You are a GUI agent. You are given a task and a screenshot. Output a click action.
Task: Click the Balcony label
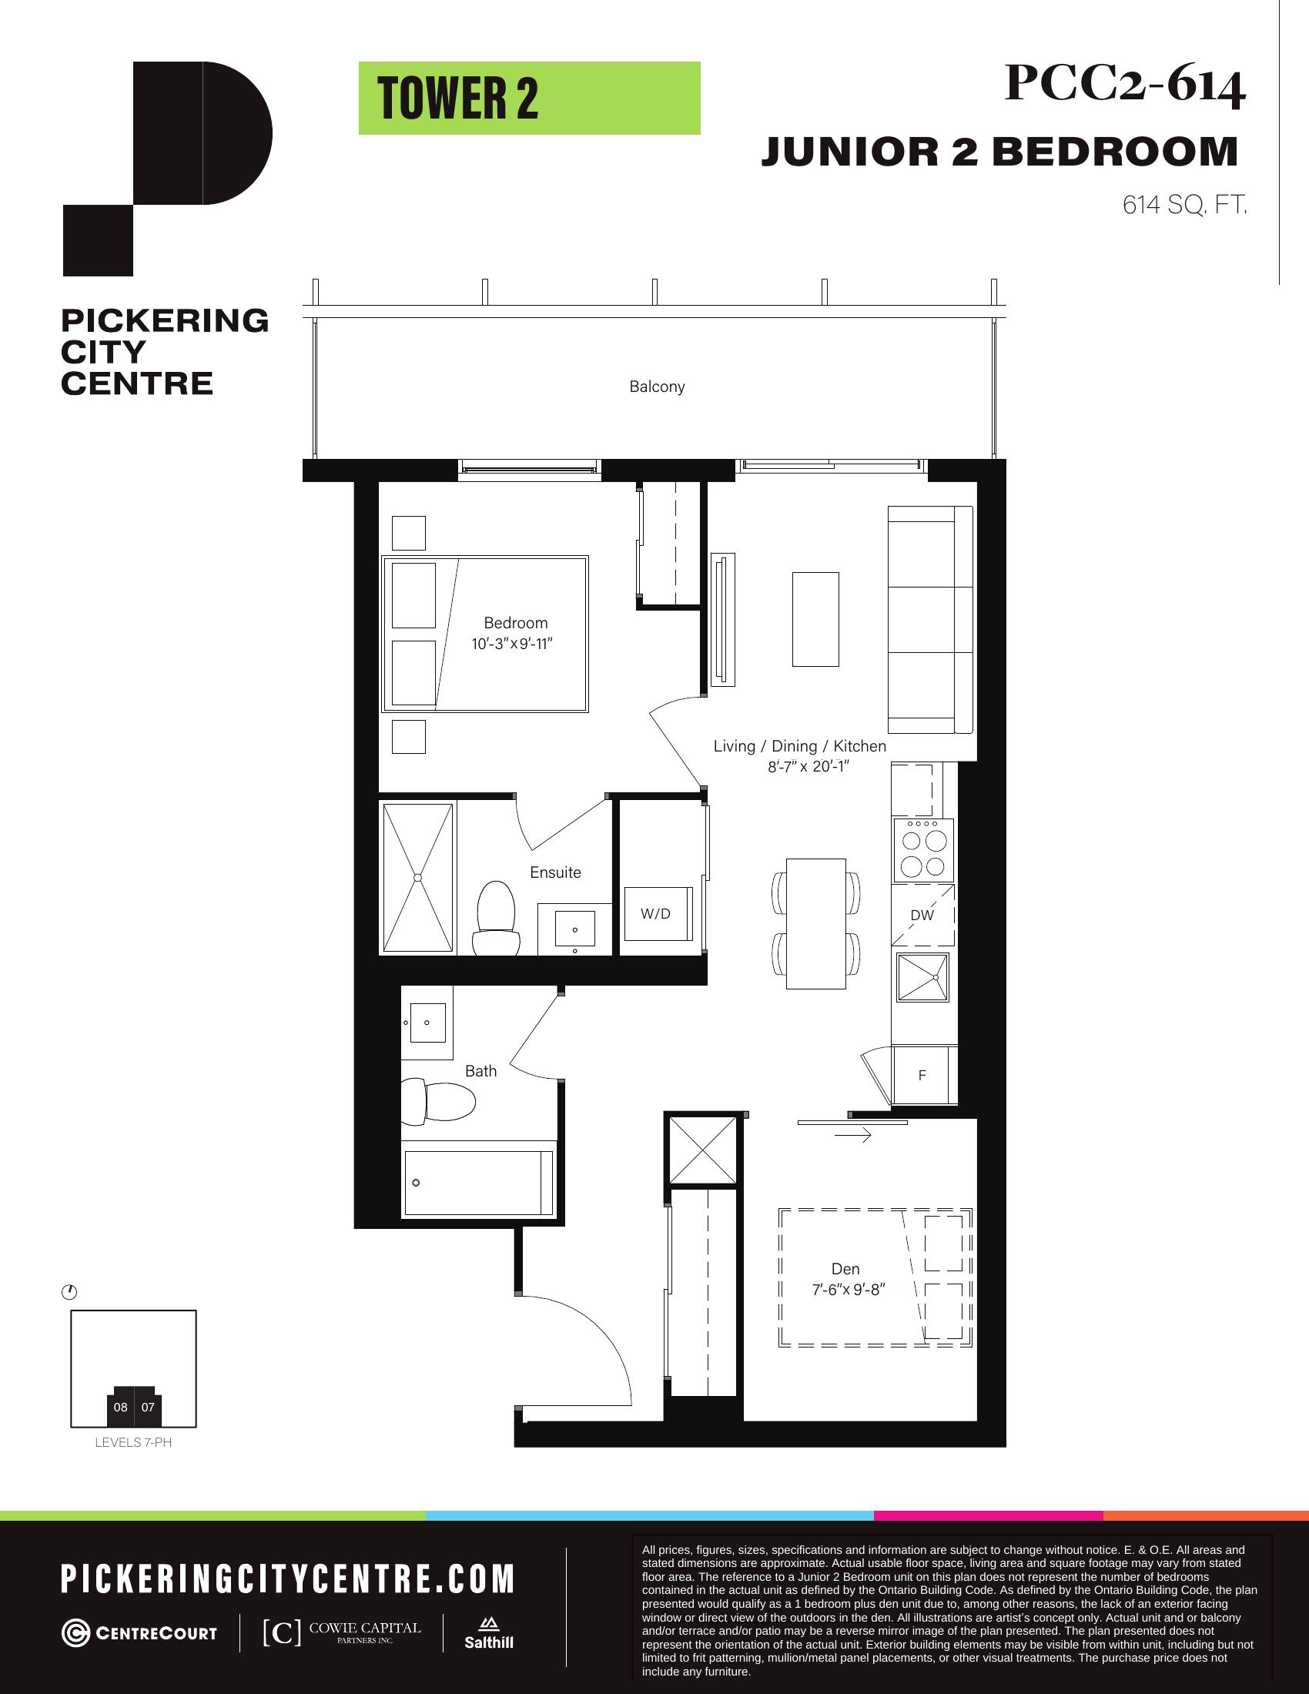click(657, 387)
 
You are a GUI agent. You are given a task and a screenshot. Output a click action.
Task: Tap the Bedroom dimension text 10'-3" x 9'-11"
click(512, 644)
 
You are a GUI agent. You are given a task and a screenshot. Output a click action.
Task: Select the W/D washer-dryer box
click(658, 914)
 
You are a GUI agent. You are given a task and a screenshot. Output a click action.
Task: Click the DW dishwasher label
click(922, 916)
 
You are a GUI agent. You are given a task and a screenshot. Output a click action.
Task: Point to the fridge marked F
click(922, 1075)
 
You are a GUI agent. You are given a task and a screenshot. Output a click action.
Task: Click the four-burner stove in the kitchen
click(922, 851)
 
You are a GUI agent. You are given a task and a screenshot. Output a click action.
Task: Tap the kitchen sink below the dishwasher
click(922, 977)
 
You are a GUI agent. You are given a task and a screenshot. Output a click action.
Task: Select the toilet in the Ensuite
click(497, 918)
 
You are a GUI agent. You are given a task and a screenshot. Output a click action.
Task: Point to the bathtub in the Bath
click(478, 1183)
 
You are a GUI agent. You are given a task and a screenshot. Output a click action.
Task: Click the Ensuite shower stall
click(417, 877)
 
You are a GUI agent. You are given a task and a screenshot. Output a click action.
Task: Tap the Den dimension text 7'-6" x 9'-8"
click(849, 1289)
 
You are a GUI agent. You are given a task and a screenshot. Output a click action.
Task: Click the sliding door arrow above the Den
click(852, 1136)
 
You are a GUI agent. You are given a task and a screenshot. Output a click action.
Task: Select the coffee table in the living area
click(815, 619)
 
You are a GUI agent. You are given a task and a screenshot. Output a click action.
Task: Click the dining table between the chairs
click(815, 923)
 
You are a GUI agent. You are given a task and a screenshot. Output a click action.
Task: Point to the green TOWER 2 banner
click(530, 99)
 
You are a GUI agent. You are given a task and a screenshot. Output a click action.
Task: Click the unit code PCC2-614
click(1125, 84)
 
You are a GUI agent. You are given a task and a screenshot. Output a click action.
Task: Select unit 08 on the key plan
click(120, 1407)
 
